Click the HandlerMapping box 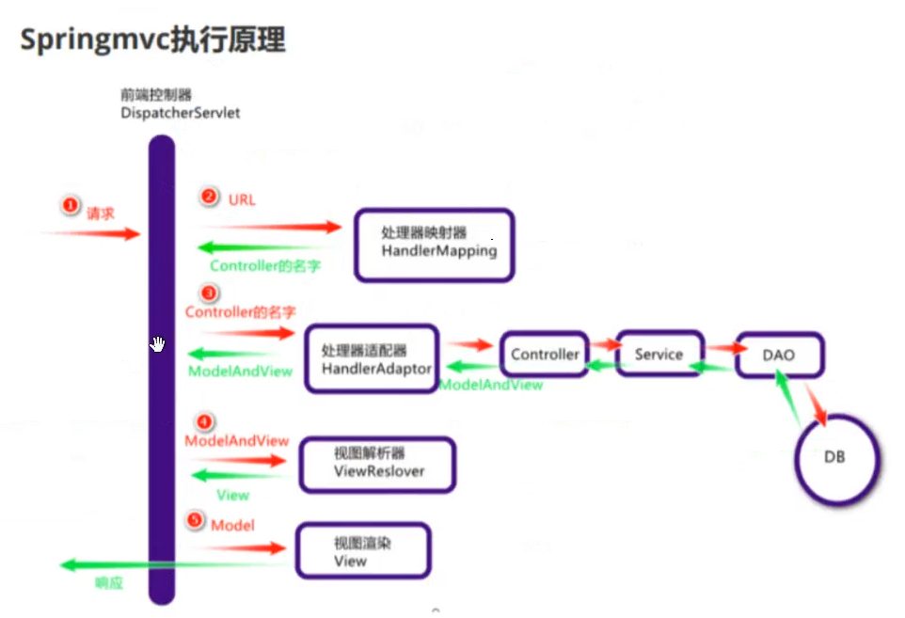(x=434, y=245)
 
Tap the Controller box (x=545, y=355)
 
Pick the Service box (x=659, y=354)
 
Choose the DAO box (x=779, y=356)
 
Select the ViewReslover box (x=378, y=463)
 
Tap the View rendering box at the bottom (x=363, y=551)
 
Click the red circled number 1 (x=69, y=205)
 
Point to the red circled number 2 (x=209, y=197)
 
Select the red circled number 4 (x=203, y=421)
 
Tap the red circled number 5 (x=195, y=520)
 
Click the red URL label (x=242, y=199)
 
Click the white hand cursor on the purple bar (x=157, y=344)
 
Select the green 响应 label (x=109, y=583)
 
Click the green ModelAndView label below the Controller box (x=491, y=385)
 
